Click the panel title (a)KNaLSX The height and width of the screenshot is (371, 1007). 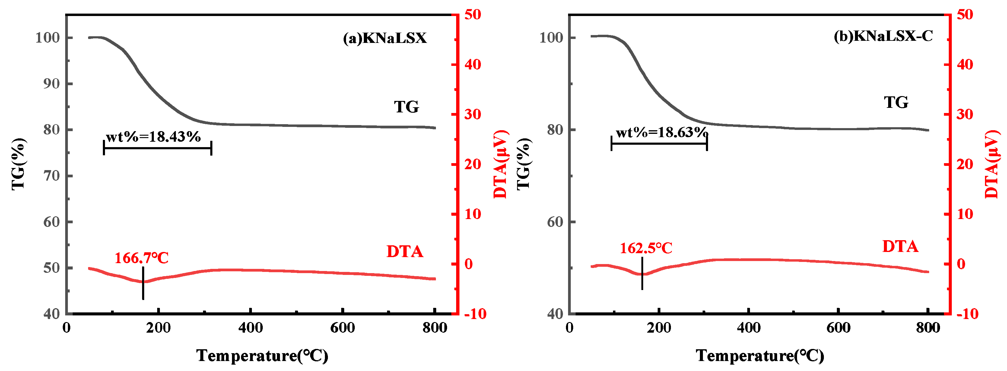pos(385,38)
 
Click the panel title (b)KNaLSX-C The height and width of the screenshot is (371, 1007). pos(883,36)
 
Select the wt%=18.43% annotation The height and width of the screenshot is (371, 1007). pos(153,137)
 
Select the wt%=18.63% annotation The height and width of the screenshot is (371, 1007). pos(662,132)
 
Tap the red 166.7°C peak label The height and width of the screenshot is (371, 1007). pos(141,258)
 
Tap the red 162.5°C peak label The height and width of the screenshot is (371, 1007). pos(646,248)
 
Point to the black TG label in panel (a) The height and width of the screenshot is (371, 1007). pos(406,107)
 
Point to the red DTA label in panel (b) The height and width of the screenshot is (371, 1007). pos(900,247)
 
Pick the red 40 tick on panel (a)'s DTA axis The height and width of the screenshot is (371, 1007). pos(473,65)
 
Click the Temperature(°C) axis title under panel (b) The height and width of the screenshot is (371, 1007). pos(760,356)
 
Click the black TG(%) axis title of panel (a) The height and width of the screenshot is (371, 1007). pos(19,164)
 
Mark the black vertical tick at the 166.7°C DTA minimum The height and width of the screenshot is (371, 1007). pos(143,283)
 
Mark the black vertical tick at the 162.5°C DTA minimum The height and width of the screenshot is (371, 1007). pos(642,273)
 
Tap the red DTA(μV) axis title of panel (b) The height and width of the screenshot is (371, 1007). pos(992,164)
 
